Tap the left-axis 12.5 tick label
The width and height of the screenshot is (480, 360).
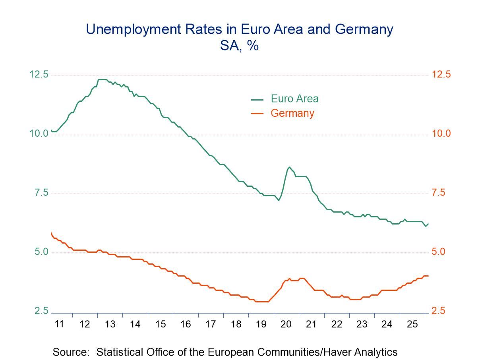point(39,74)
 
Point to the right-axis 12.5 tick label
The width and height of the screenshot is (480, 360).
point(441,74)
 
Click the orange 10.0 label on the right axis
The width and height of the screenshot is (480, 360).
point(441,134)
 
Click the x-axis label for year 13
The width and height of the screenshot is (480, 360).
point(110,324)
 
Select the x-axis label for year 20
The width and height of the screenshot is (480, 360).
point(286,324)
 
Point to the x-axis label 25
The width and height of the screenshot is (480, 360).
point(412,324)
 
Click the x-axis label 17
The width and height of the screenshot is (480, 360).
point(210,324)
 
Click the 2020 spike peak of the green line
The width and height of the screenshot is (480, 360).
point(289,167)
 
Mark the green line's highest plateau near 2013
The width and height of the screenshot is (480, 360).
point(103,80)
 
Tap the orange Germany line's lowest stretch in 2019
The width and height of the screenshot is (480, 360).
point(261,302)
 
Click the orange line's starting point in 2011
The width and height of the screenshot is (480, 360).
point(51,232)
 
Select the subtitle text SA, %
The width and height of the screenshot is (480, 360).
point(239,45)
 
